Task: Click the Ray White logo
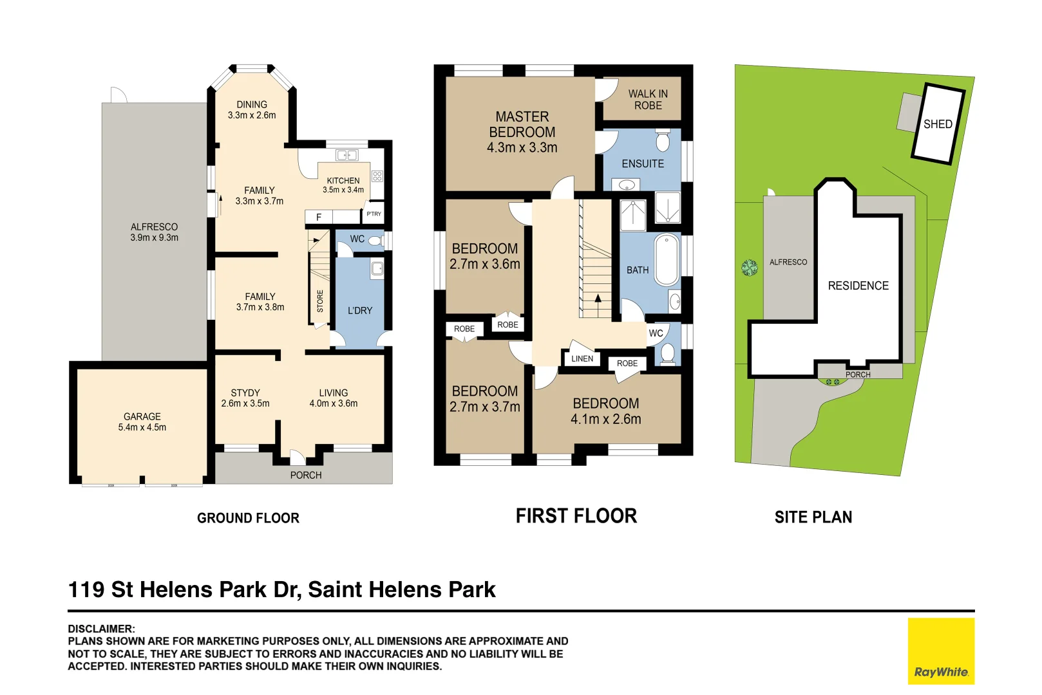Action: [x=941, y=651]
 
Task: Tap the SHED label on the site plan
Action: [x=937, y=124]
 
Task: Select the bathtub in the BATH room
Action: [x=667, y=259]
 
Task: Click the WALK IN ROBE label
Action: [x=648, y=100]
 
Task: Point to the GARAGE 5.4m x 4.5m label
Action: [x=142, y=422]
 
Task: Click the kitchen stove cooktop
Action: [x=377, y=176]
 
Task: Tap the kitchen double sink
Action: [x=347, y=155]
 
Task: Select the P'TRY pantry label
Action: [x=374, y=214]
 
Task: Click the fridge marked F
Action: [x=319, y=217]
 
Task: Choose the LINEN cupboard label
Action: [x=582, y=358]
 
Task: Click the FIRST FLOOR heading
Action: [x=576, y=516]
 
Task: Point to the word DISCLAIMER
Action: [x=101, y=629]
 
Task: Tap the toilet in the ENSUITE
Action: [x=663, y=140]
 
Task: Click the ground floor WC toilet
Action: [x=375, y=241]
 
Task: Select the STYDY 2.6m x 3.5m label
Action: [x=245, y=398]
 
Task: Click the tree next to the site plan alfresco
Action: [x=750, y=268]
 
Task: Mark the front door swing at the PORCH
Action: [x=298, y=457]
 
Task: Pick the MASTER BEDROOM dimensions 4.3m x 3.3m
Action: [x=522, y=147]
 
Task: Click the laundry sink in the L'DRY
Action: [x=377, y=269]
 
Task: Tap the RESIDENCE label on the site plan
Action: [x=858, y=286]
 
